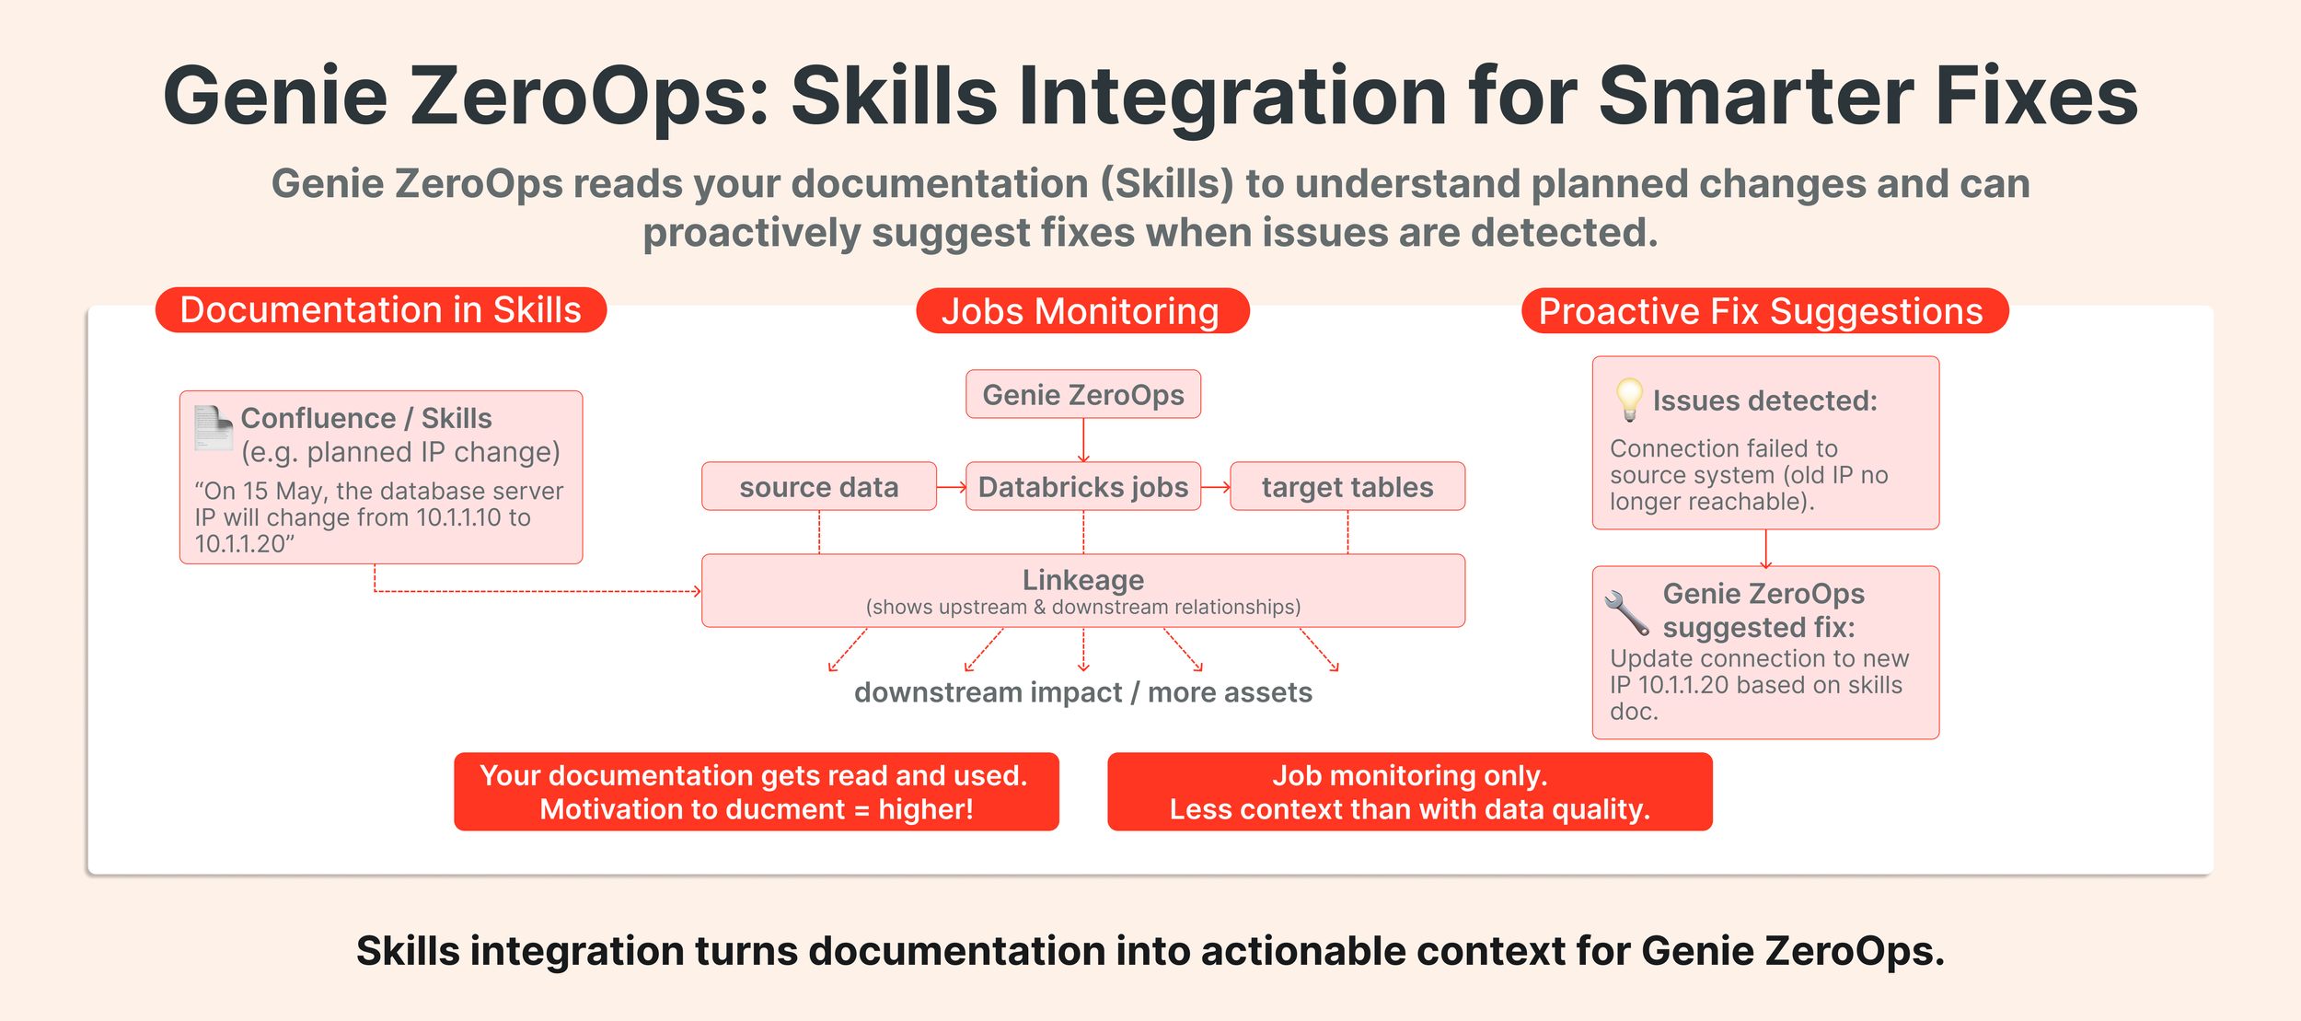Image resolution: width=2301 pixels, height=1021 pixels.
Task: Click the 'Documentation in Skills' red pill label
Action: [381, 310]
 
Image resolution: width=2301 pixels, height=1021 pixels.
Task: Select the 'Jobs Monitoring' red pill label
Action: [1082, 311]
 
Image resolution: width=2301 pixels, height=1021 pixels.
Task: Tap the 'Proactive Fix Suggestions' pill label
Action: [1764, 311]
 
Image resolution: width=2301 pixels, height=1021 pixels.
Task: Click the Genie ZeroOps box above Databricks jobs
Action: [1083, 394]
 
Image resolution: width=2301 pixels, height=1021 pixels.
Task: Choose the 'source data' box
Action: [819, 486]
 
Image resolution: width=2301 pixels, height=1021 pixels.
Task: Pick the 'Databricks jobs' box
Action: [1083, 486]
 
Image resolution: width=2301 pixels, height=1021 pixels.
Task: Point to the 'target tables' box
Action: [1347, 486]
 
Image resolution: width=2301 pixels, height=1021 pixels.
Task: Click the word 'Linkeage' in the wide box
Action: [1083, 580]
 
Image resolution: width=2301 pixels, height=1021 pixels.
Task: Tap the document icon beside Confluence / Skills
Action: [214, 428]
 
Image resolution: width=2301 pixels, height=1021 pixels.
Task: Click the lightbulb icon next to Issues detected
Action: [1629, 400]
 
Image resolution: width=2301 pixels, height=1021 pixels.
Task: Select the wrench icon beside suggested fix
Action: [1627, 613]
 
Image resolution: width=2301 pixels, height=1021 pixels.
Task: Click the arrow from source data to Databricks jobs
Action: [952, 487]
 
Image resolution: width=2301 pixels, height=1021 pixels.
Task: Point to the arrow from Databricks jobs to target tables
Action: [1216, 487]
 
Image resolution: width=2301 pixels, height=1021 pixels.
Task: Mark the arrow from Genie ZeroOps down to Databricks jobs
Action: [1084, 441]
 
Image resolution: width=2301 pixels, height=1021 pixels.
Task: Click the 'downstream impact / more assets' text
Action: [1083, 692]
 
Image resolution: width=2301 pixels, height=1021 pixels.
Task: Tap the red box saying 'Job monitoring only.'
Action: [1410, 792]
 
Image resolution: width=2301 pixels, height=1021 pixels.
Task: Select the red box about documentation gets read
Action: [757, 792]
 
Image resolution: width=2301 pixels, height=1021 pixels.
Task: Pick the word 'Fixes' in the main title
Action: [2038, 96]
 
